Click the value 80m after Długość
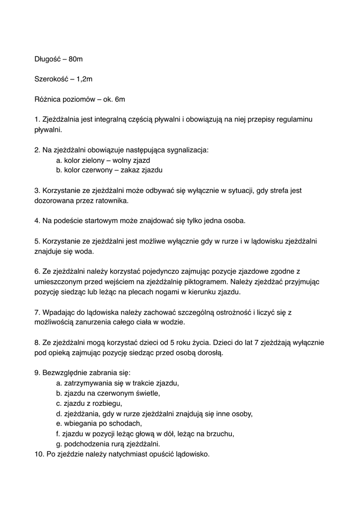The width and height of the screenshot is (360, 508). point(75,59)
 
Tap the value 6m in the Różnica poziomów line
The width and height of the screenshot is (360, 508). point(119,99)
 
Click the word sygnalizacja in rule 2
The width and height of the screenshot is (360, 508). point(189,149)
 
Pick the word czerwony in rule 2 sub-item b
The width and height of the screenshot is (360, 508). point(101,170)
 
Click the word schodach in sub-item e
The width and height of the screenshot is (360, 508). point(127,424)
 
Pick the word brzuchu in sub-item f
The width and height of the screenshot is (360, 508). point(219,434)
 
